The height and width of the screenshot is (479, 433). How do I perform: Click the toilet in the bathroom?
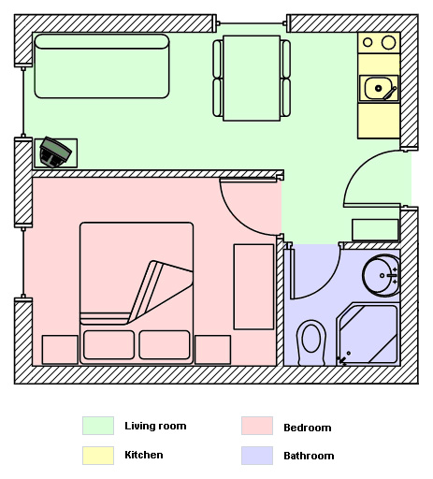310,342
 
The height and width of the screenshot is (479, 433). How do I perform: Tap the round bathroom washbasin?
382,275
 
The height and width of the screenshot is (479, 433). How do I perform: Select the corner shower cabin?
368,334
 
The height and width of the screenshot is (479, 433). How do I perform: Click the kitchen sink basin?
378,88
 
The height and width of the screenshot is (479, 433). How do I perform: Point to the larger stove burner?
389,42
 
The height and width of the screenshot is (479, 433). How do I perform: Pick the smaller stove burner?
368,42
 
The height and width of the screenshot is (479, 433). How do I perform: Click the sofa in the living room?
102,66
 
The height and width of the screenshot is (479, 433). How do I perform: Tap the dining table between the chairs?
252,78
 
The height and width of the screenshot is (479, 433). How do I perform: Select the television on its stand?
55,152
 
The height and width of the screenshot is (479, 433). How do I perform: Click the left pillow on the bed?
108,344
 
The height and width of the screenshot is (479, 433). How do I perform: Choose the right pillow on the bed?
165,344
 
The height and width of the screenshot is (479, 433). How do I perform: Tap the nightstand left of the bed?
60,350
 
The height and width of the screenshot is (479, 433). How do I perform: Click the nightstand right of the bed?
213,350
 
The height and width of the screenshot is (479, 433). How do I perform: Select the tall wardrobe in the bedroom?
253,286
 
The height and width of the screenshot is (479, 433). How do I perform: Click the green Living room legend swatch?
98,426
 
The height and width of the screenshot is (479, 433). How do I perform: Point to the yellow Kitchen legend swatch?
98,456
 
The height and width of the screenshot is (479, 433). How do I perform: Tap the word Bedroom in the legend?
308,428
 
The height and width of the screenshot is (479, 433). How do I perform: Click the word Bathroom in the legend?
309,456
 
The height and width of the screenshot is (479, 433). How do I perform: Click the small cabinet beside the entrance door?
375,230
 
